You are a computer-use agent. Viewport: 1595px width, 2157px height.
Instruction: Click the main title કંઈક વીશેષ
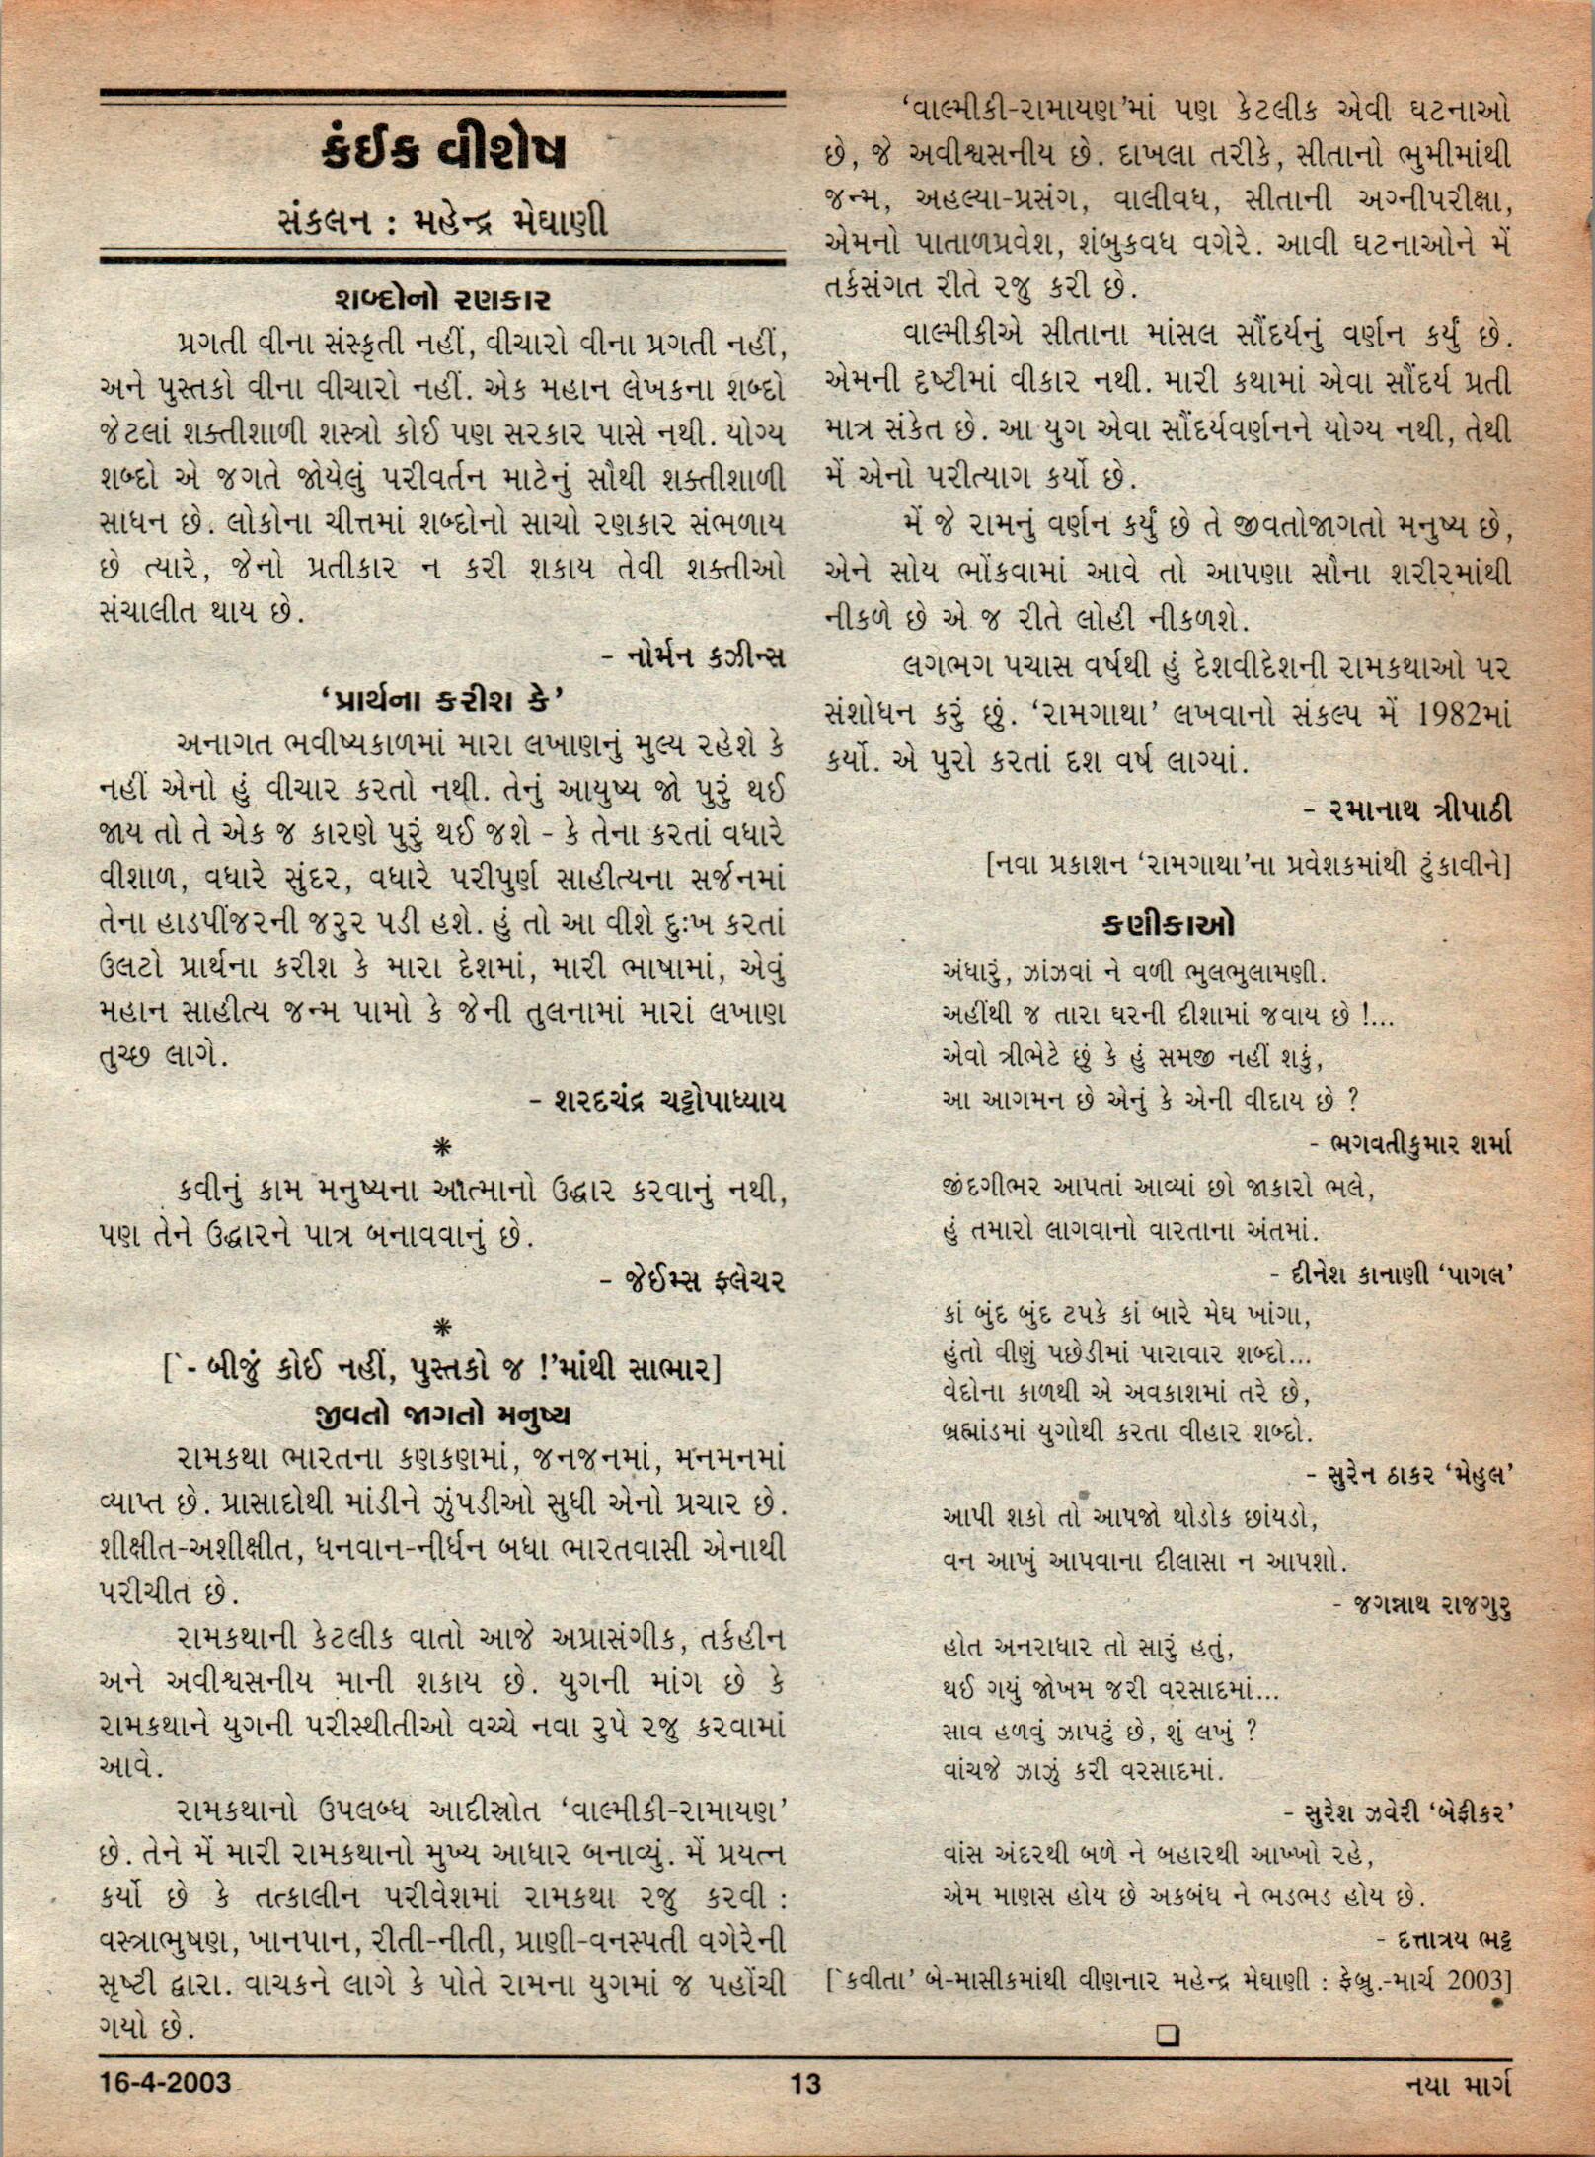click(x=443, y=153)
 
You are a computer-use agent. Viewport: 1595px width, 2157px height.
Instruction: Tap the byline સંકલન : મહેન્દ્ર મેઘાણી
click(x=443, y=222)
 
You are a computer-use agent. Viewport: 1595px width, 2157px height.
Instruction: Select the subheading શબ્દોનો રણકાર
click(x=443, y=299)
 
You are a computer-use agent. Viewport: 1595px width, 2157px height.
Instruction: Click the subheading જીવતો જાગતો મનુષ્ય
click(x=441, y=1414)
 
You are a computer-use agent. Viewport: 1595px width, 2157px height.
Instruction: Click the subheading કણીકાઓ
click(x=1168, y=925)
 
